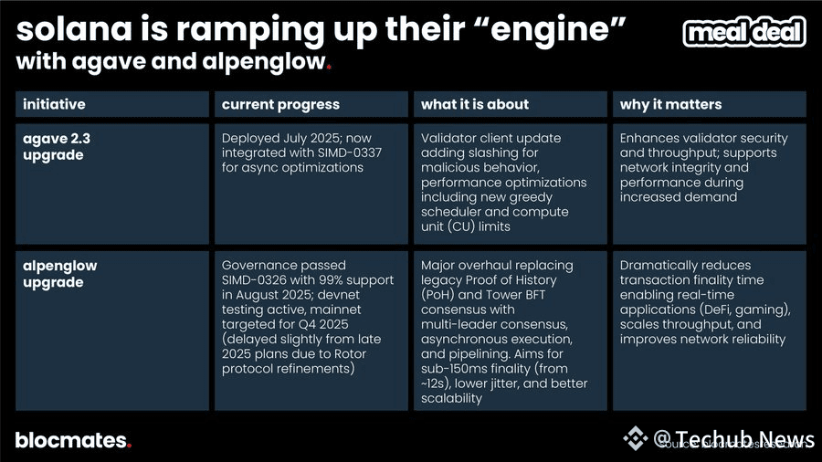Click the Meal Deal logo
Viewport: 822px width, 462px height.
pyautogui.click(x=744, y=33)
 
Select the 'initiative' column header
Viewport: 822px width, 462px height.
pyautogui.click(x=54, y=104)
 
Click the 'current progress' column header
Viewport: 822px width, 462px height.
pyautogui.click(x=280, y=104)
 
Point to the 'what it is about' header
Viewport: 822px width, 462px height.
pyautogui.click(x=475, y=104)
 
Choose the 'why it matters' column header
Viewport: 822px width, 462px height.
pyautogui.click(x=670, y=104)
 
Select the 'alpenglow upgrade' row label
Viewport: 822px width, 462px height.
pyautogui.click(x=60, y=274)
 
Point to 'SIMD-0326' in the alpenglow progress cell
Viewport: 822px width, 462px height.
pyautogui.click(x=259, y=279)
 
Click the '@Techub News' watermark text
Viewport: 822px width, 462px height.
pyautogui.click(x=729, y=437)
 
